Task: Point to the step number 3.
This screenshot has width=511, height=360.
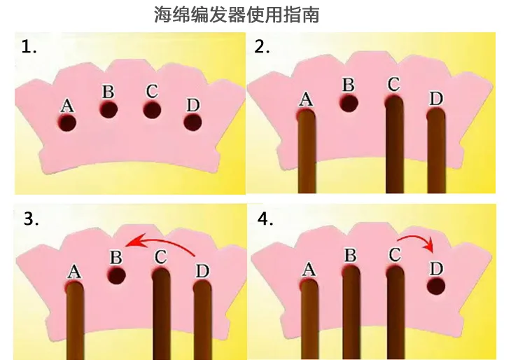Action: tap(31, 219)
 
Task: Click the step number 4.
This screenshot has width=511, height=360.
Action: tap(266, 219)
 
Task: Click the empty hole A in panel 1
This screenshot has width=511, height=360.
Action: tap(67, 123)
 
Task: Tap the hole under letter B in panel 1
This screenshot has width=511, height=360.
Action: tap(108, 109)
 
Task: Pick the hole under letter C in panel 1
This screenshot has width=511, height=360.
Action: tap(153, 109)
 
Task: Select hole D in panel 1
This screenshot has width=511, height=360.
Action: tap(192, 123)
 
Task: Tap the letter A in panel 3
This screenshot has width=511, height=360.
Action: tap(74, 269)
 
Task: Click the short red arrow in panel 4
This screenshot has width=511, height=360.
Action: tap(420, 242)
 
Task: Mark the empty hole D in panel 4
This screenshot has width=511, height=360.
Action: tap(436, 286)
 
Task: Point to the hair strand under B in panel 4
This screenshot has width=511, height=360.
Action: tap(351, 312)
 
